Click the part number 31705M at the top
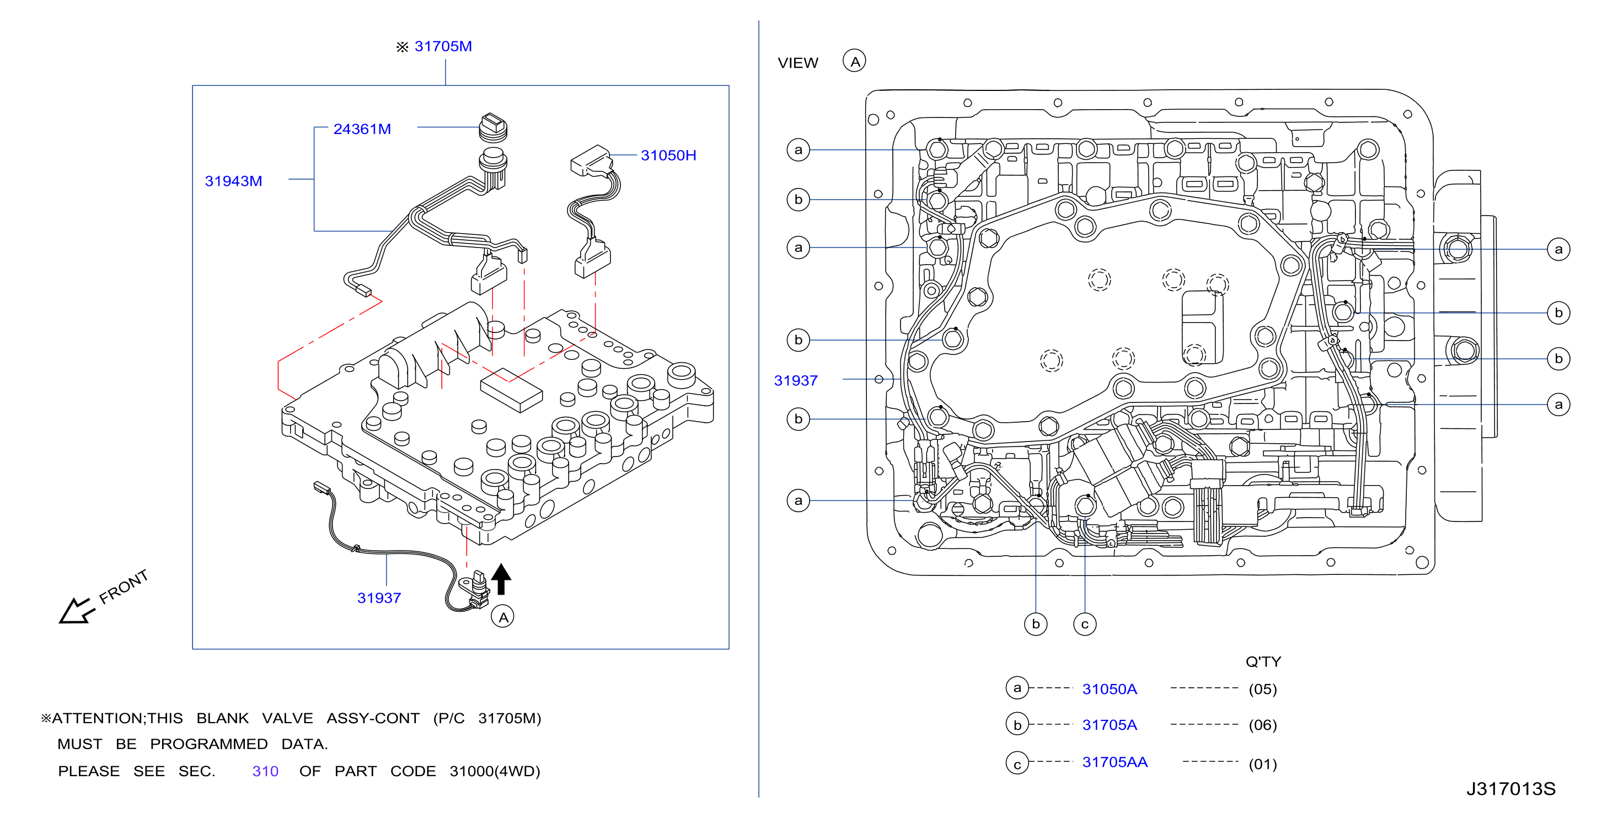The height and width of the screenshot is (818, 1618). coord(443,46)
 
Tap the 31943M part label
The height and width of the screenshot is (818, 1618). coord(233,181)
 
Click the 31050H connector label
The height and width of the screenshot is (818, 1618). coord(668,155)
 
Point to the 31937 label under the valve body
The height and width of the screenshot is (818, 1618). coord(379,598)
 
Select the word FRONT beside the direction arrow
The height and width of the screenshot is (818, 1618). coord(124,586)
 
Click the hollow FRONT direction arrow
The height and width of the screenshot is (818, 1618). coord(76,611)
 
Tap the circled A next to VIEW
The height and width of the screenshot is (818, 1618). coord(854,62)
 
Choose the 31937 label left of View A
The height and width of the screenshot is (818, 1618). coord(796,380)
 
